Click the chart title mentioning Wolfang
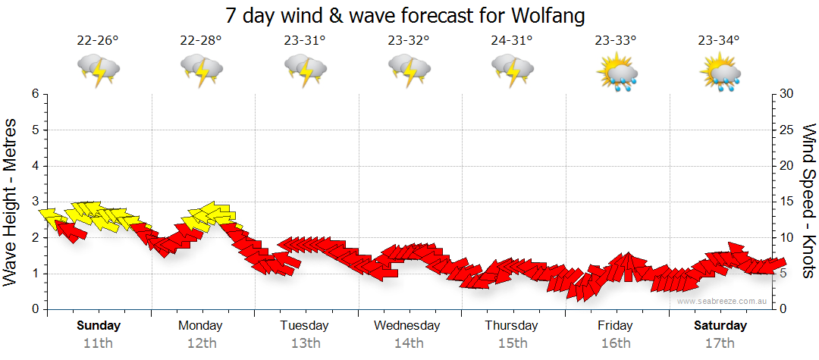[406, 15]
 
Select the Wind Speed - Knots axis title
[808, 201]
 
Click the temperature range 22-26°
[98, 41]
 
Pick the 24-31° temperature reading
[512, 41]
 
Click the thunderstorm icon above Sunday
[98, 70]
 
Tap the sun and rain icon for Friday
[616, 73]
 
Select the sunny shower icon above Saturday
[720, 73]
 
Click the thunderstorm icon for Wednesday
[409, 70]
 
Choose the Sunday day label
[98, 326]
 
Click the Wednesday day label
[407, 326]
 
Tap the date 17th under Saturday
[720, 343]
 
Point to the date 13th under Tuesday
[305, 343]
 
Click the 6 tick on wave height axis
[35, 94]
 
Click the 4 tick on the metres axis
[35, 166]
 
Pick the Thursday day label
[512, 326]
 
